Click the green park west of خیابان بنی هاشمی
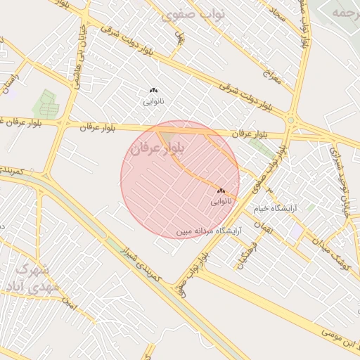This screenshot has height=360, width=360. pos(46,104)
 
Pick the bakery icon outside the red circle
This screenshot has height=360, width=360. pos(153,90)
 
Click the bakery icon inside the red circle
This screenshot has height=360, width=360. pos(221,191)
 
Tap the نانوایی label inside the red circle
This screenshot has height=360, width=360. pos(220,201)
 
